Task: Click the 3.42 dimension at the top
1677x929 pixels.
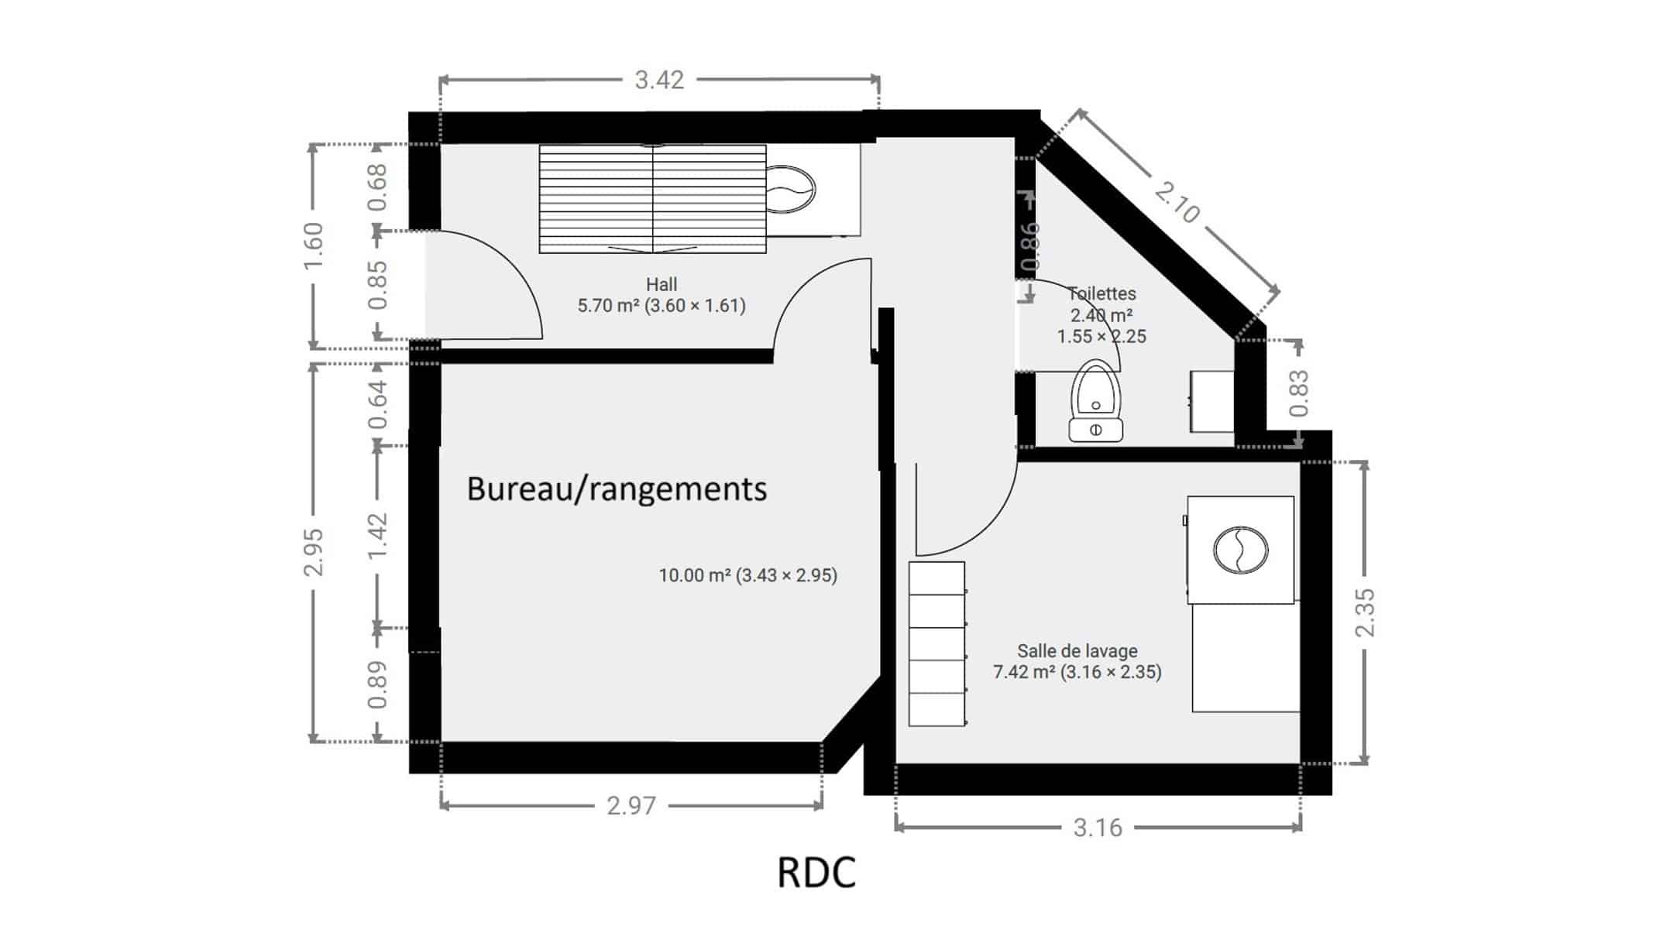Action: pos(659,80)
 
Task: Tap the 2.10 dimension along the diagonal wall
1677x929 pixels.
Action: pos(1177,202)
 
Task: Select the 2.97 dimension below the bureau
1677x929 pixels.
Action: pos(631,806)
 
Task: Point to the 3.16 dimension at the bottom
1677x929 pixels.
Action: pos(1098,828)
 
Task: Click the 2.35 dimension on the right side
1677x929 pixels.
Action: pos(1364,612)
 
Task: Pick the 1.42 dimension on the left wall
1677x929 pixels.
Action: pos(376,536)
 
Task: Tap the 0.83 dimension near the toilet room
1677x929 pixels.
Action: pos(1299,393)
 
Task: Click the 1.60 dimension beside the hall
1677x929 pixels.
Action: pos(313,245)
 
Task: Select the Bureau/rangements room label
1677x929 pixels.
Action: pos(617,489)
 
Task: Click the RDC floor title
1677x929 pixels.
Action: pos(816,872)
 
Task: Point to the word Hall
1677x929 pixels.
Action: pos(662,284)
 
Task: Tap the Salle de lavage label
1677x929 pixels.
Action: pos(1077,651)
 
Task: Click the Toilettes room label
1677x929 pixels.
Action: pos(1101,293)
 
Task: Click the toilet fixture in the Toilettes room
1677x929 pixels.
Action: pos(1095,401)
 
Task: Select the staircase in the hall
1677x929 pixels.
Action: pos(652,199)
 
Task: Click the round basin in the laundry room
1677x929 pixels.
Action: pos(1240,550)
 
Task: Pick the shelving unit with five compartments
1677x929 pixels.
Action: pos(937,644)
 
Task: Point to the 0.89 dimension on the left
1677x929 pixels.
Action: pos(376,685)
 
